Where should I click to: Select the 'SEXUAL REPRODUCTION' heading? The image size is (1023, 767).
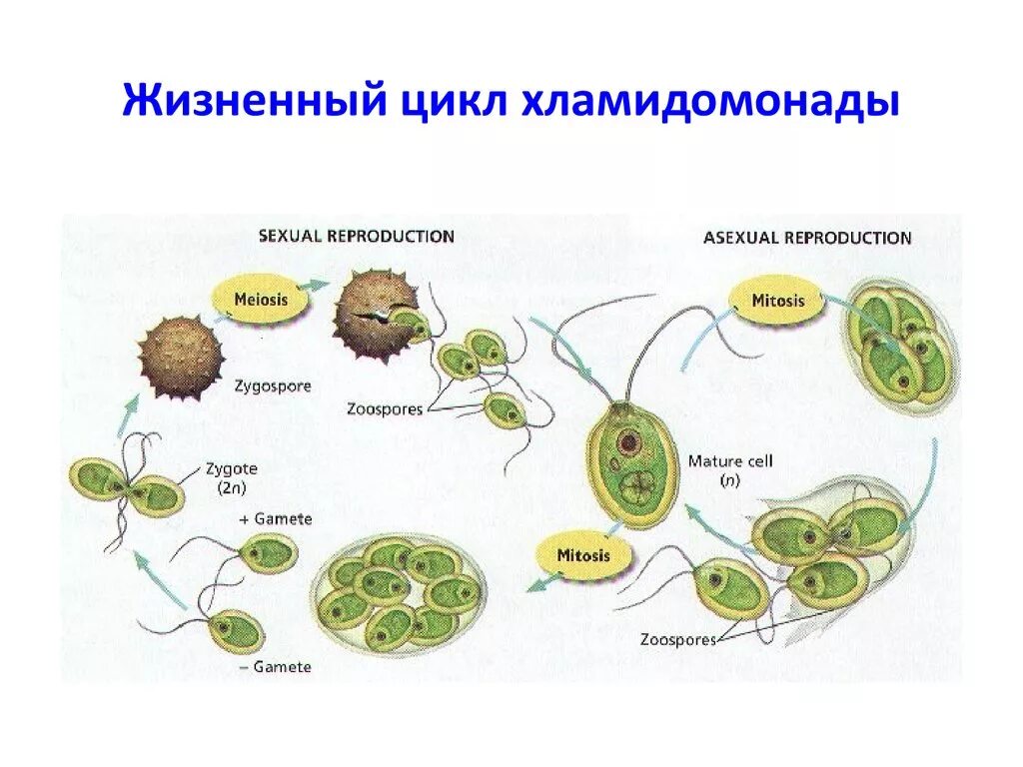coord(357,237)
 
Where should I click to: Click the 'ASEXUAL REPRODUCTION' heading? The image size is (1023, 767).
coord(807,238)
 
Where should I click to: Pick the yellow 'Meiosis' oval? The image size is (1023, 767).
coord(261,299)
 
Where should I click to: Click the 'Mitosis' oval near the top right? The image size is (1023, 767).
coord(778,300)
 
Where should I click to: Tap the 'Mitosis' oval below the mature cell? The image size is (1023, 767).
coord(583,555)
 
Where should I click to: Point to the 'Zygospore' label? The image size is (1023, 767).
coord(273,384)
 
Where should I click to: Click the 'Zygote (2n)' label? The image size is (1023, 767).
coord(231,476)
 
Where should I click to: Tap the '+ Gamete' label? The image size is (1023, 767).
coord(276,519)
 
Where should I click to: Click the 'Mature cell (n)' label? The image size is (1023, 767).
coord(730,469)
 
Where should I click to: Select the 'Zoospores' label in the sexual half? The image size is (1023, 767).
coord(385,408)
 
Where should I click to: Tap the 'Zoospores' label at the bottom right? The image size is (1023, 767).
coord(678,639)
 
